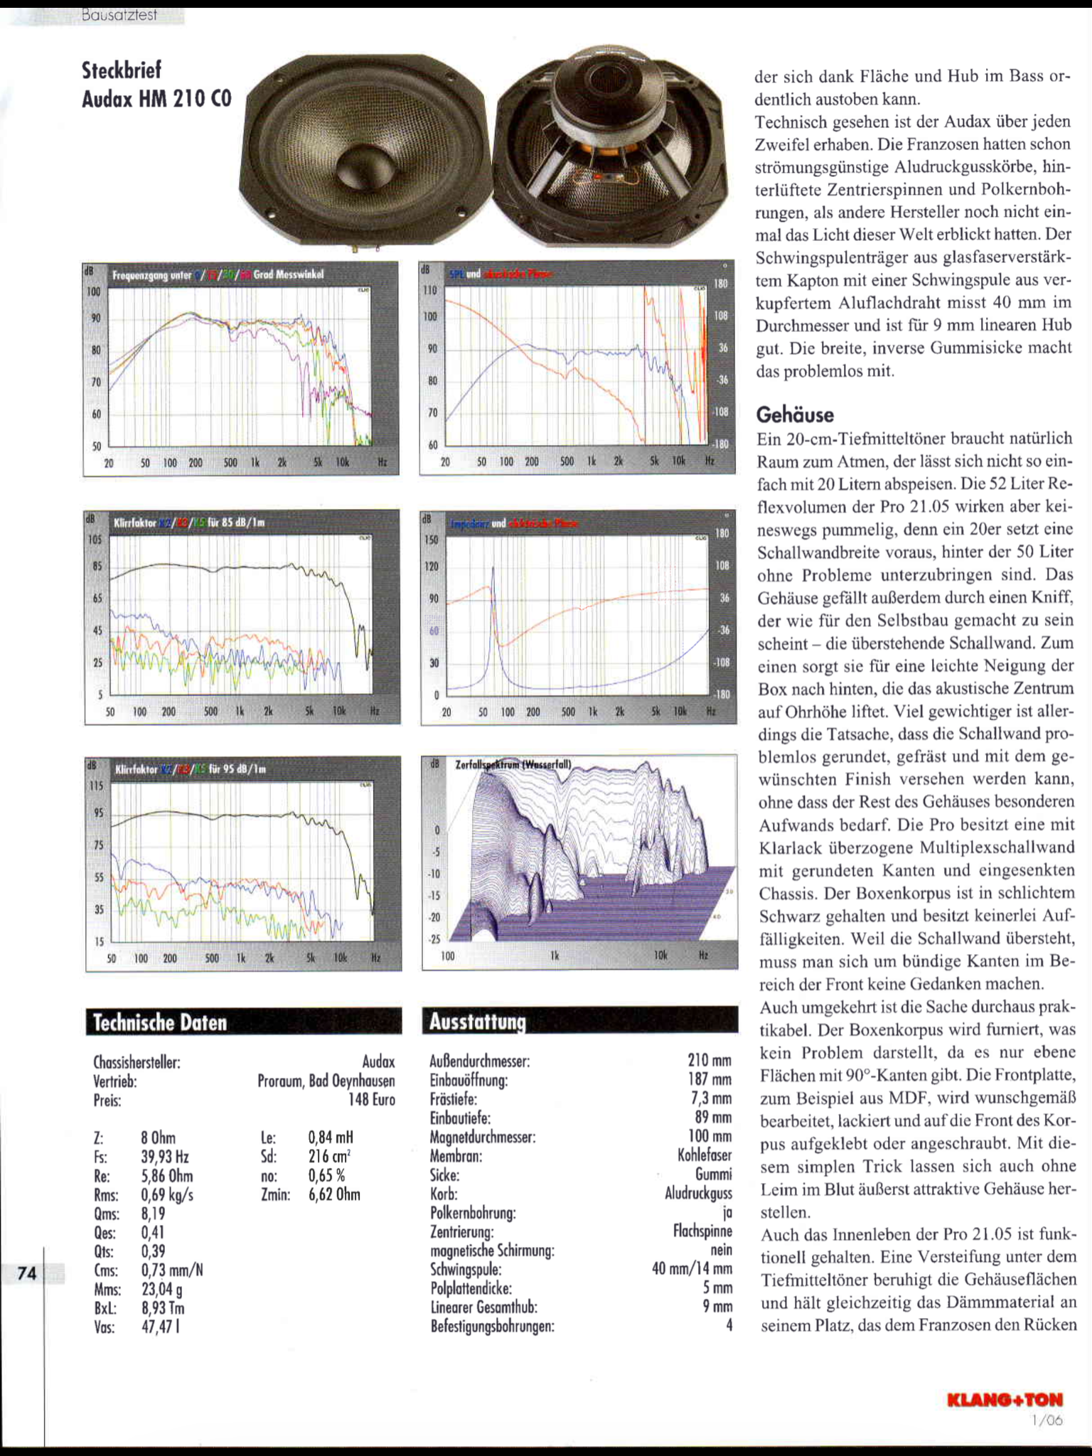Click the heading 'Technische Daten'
click(x=160, y=1022)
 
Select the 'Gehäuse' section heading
click(x=795, y=414)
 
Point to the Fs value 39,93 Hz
click(x=165, y=1157)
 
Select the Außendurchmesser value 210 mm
click(x=709, y=1061)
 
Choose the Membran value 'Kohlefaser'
click(x=705, y=1156)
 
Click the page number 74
click(x=26, y=1273)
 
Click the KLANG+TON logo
click(x=1005, y=1399)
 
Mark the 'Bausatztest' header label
click(x=119, y=15)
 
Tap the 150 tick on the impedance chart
click(x=431, y=540)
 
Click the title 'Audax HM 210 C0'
click(x=156, y=99)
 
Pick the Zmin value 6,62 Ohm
click(x=334, y=1194)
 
